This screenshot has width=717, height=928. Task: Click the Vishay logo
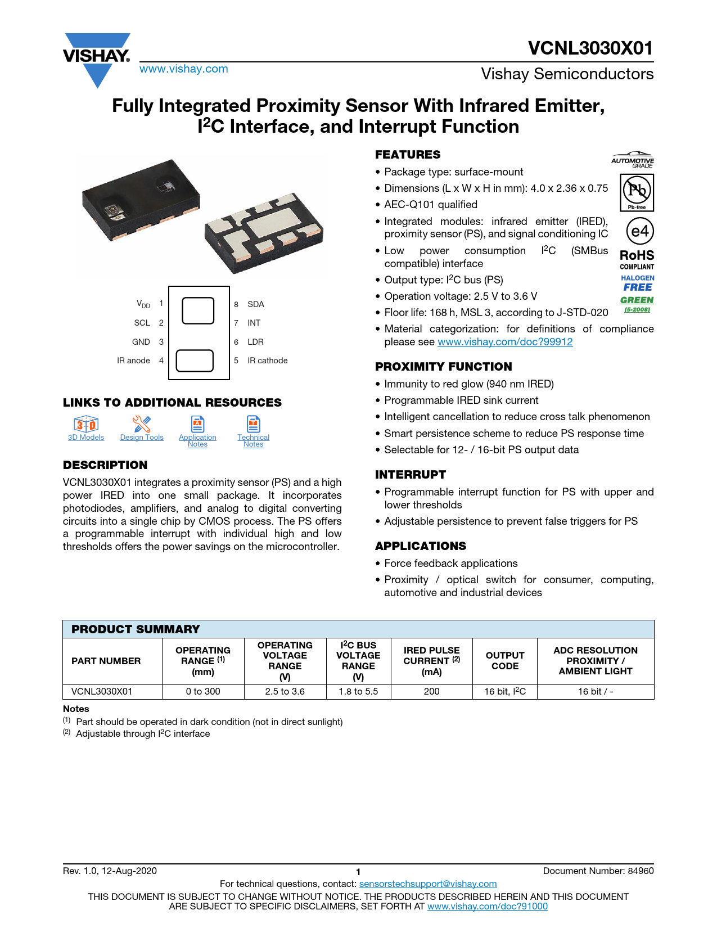tap(97, 57)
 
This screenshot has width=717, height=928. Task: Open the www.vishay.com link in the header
tap(183, 69)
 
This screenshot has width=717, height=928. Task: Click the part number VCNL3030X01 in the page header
tap(590, 48)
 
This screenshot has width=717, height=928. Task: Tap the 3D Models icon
tap(86, 424)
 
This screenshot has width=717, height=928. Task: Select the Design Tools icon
tap(142, 424)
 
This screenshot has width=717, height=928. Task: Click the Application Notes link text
tap(197, 440)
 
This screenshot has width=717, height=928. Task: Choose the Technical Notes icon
tap(253, 424)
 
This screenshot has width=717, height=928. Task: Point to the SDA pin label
tap(255, 304)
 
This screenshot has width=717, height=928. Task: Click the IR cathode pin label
tap(267, 361)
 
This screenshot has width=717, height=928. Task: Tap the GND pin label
tap(141, 342)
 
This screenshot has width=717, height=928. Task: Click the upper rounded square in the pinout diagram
tap(198, 310)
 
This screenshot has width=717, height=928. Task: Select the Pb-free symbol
tap(637, 192)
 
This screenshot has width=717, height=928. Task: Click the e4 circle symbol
tap(639, 231)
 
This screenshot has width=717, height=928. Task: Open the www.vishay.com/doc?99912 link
tap(505, 342)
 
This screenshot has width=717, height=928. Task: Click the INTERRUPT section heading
tap(411, 475)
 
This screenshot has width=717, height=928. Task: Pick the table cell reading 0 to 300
tap(203, 691)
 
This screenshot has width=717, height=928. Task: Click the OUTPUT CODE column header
tap(505, 661)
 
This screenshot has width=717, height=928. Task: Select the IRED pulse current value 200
tap(431, 691)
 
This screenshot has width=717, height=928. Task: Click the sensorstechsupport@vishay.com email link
tap(428, 884)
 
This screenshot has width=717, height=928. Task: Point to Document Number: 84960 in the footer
tap(598, 871)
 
